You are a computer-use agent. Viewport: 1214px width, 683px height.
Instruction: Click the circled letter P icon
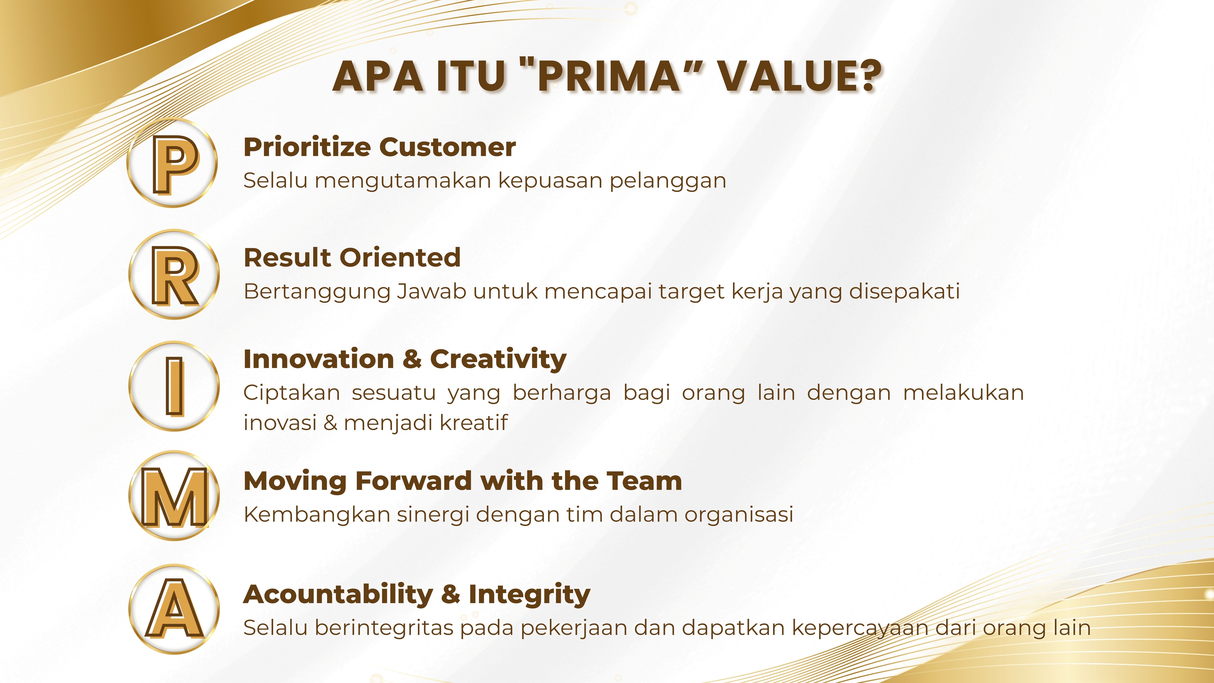[172, 163]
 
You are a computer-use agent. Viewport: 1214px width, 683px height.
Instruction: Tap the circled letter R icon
[174, 274]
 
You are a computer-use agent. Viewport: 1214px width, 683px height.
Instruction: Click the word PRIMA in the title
[608, 76]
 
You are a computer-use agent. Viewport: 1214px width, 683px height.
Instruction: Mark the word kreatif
[473, 422]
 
